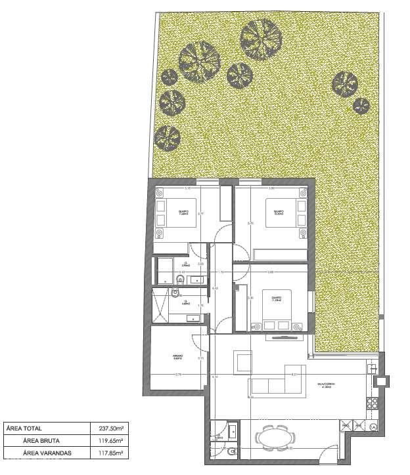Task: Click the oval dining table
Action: pos(274,436)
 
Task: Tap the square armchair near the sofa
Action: pos(243,361)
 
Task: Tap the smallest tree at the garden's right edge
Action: pos(361,104)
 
